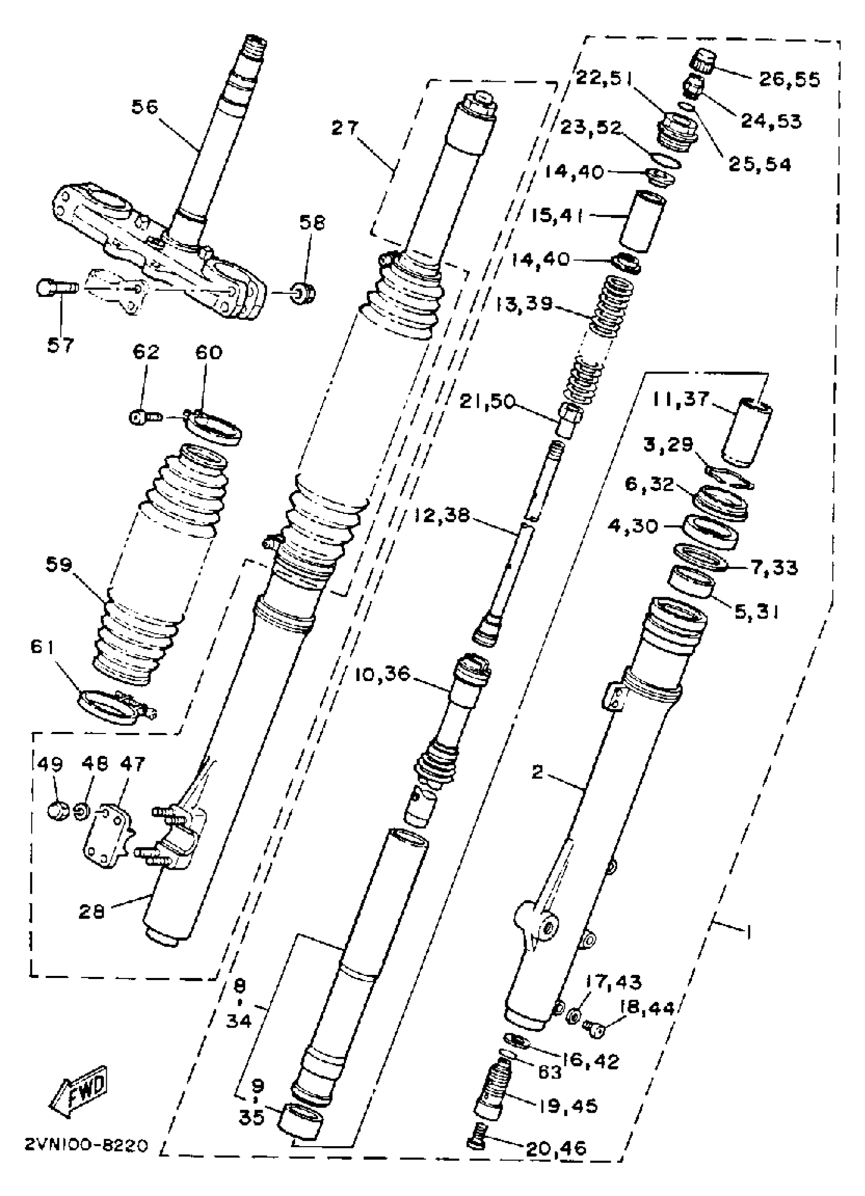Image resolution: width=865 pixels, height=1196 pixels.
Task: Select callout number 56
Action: click(145, 107)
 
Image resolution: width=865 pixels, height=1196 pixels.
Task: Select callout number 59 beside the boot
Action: click(58, 566)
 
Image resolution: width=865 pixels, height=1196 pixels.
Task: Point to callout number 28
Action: click(92, 911)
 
